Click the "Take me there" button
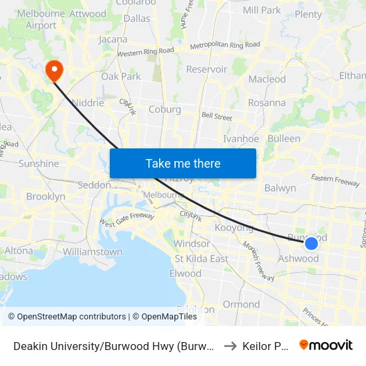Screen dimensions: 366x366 183,163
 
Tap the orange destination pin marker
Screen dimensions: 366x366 53,71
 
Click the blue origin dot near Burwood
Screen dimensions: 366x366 311,244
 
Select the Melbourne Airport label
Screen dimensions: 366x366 32,19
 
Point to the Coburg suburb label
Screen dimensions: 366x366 164,109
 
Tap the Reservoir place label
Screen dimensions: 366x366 206,69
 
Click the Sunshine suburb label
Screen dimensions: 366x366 39,163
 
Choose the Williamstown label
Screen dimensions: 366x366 92,252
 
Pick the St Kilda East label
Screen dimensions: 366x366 201,258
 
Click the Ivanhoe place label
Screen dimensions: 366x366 240,138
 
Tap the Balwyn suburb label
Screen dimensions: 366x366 279,188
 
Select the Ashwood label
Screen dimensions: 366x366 298,258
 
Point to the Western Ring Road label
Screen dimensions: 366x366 145,52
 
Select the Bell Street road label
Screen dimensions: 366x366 216,116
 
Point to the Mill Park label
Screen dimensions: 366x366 262,10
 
